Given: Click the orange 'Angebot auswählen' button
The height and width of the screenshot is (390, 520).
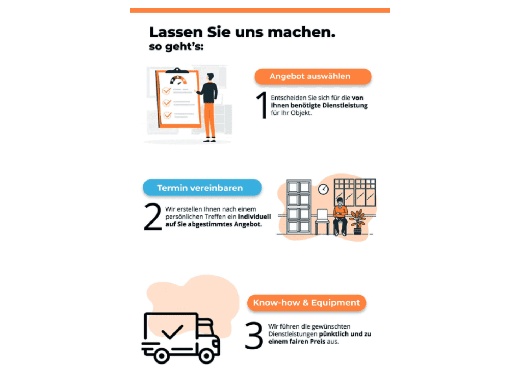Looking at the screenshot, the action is coord(313,77).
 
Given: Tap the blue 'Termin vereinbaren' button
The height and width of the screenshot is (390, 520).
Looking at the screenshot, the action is coord(202,188).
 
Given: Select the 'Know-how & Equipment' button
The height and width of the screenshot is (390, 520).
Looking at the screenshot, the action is coord(307,303).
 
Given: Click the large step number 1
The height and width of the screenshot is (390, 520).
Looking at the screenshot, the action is coord(262,105).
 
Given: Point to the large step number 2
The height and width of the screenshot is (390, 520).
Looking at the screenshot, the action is coord(153,217).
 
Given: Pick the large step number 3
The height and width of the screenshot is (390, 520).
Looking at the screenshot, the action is coord(254,335).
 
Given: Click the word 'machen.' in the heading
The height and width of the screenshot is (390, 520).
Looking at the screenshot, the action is coord(302,32).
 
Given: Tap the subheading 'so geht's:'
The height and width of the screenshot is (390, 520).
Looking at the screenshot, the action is coord(176,47).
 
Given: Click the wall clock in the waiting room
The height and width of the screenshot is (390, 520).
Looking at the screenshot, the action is coord(323,189).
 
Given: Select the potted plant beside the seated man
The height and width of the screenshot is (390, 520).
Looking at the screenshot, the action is coord(357,222).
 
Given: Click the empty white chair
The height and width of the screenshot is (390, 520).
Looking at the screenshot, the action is coord(322,222).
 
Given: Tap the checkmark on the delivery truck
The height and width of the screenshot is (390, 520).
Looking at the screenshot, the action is coord(172,332).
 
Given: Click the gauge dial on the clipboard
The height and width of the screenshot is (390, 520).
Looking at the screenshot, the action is coord(178,80).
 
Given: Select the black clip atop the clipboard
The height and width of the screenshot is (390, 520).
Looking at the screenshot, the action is coord(177,71).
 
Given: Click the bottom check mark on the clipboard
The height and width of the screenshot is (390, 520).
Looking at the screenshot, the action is coord(168,115).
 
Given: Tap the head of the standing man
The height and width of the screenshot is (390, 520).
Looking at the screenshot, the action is coord(210,77).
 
